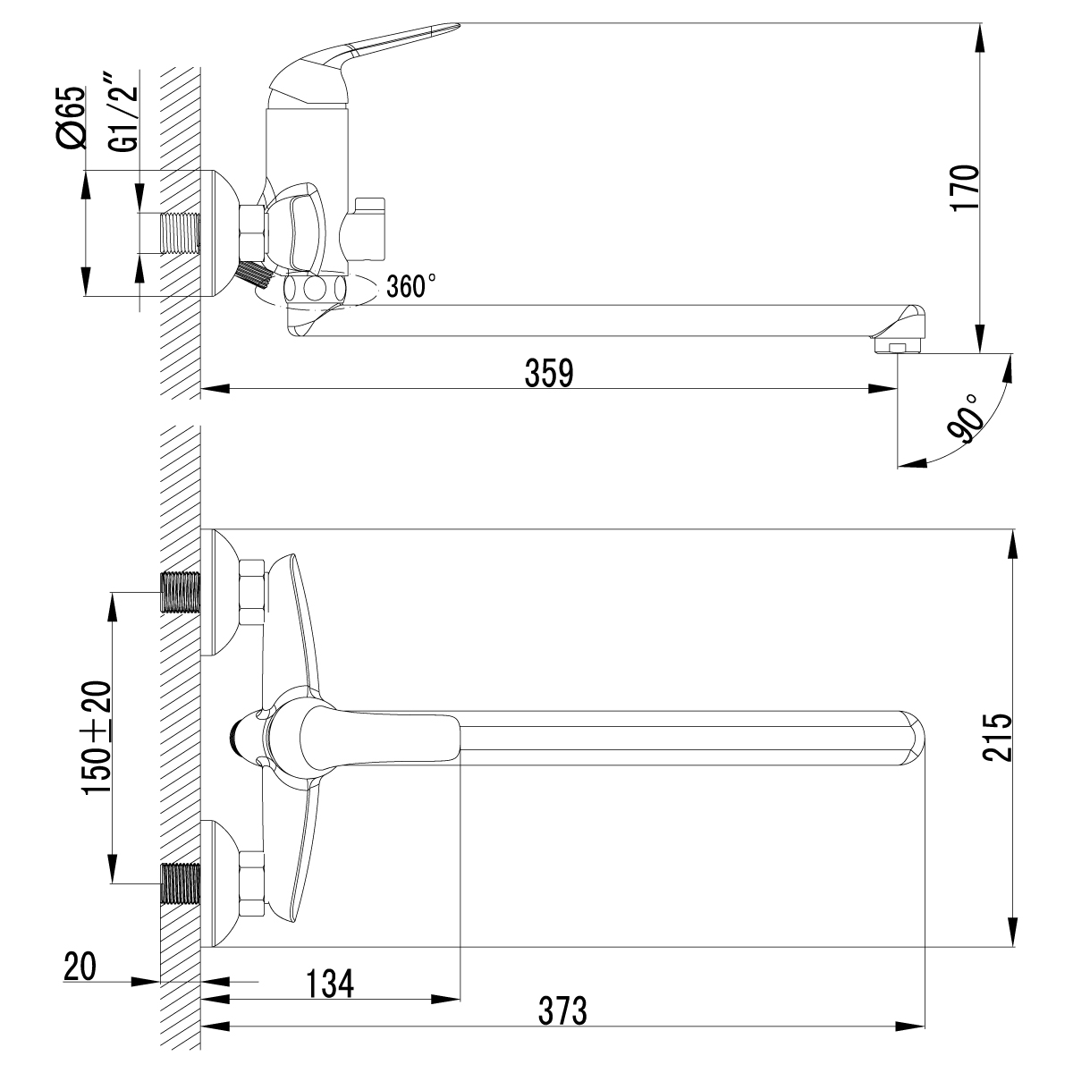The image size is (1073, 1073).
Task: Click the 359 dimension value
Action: click(548, 374)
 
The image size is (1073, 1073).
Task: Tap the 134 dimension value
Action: click(330, 983)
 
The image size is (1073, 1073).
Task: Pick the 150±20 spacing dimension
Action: click(97, 737)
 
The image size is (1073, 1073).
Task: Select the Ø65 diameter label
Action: click(72, 116)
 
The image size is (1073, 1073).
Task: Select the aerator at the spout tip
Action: click(899, 345)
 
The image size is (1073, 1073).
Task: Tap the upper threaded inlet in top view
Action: click(180, 591)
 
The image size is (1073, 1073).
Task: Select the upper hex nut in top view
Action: click(253, 591)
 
